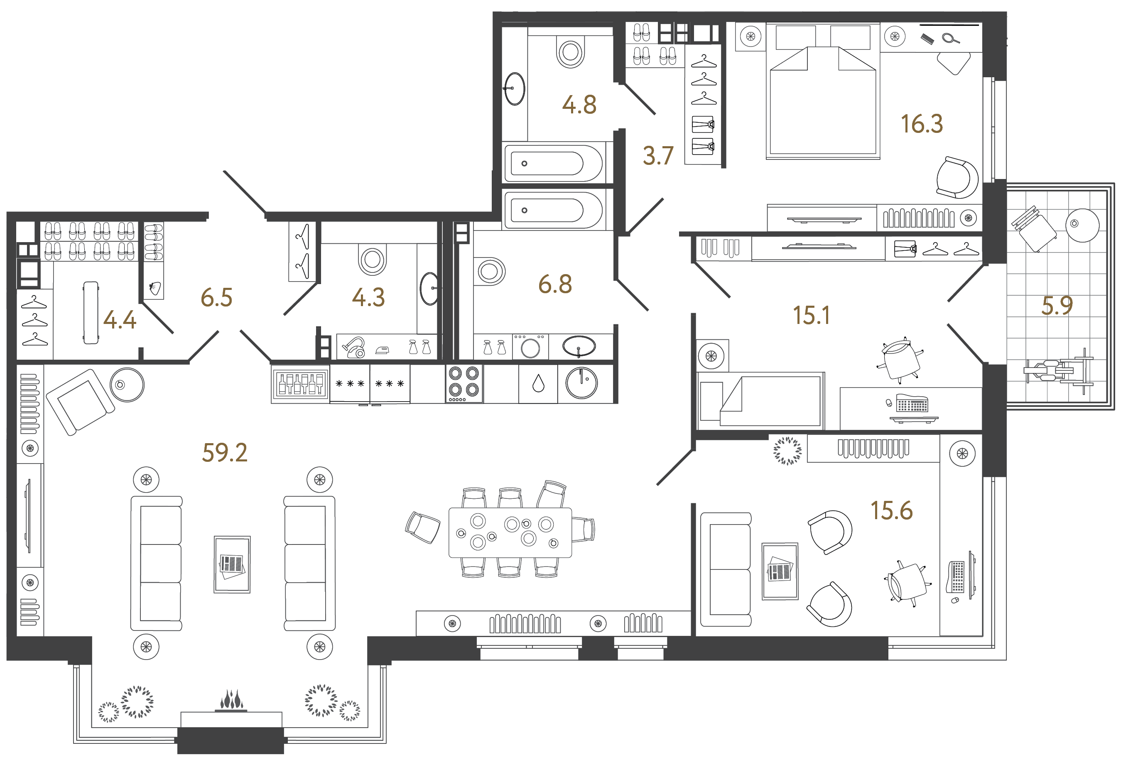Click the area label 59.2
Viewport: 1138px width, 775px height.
tap(225, 453)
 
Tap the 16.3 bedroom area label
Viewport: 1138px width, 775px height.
tap(922, 124)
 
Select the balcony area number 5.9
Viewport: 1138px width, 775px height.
tap(1057, 306)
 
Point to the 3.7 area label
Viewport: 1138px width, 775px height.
tap(658, 156)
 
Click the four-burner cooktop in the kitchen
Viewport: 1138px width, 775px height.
tap(464, 383)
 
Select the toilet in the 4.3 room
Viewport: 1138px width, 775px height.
tap(372, 260)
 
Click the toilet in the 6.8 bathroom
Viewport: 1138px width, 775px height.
tap(489, 271)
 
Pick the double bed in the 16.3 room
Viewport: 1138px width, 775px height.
tap(823, 98)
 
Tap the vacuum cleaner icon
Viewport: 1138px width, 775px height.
tap(353, 347)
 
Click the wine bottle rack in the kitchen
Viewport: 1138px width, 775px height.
tap(300, 384)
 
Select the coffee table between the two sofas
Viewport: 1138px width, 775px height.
tap(232, 564)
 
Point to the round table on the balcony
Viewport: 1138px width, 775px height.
tap(1082, 225)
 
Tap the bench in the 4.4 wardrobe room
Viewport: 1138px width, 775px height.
tap(91, 312)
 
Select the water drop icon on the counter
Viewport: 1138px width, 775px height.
tap(538, 383)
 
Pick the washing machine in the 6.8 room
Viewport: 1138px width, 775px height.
tap(530, 347)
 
